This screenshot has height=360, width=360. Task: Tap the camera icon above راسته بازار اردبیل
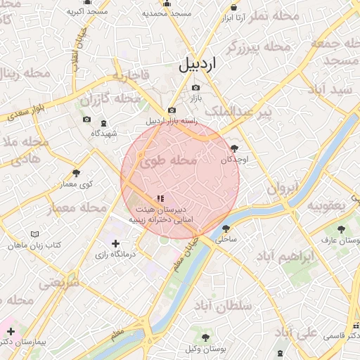pos(172,110)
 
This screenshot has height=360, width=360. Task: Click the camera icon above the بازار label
pos(195,88)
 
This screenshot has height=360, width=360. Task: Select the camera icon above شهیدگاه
pos(86,120)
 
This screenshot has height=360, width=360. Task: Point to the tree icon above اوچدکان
pos(234,148)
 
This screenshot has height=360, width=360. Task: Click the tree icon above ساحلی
pos(226,228)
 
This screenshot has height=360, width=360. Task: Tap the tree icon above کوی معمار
pos(76,172)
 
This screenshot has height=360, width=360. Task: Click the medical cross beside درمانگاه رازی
pos(116,243)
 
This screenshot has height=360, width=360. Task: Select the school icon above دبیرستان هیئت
pos(160,198)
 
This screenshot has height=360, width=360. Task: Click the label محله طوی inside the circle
pos(168,161)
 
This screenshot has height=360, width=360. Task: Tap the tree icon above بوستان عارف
pos(341,229)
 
